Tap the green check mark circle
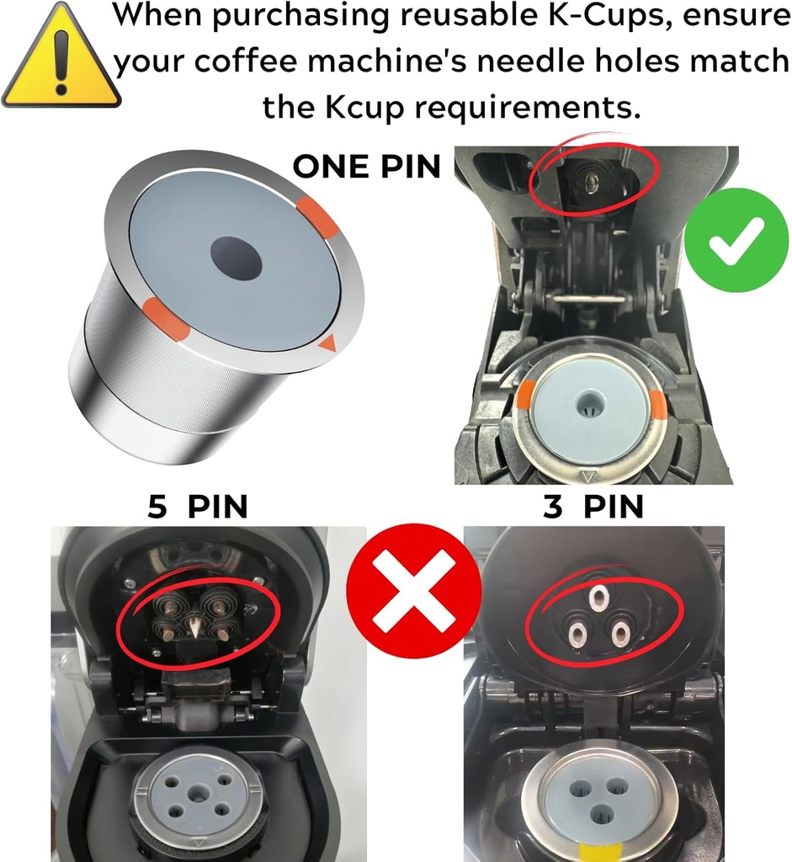735,240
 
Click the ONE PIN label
366,166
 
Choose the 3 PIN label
593,507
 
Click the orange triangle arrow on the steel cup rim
328,343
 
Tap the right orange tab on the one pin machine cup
658,406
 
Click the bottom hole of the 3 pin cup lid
600,813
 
